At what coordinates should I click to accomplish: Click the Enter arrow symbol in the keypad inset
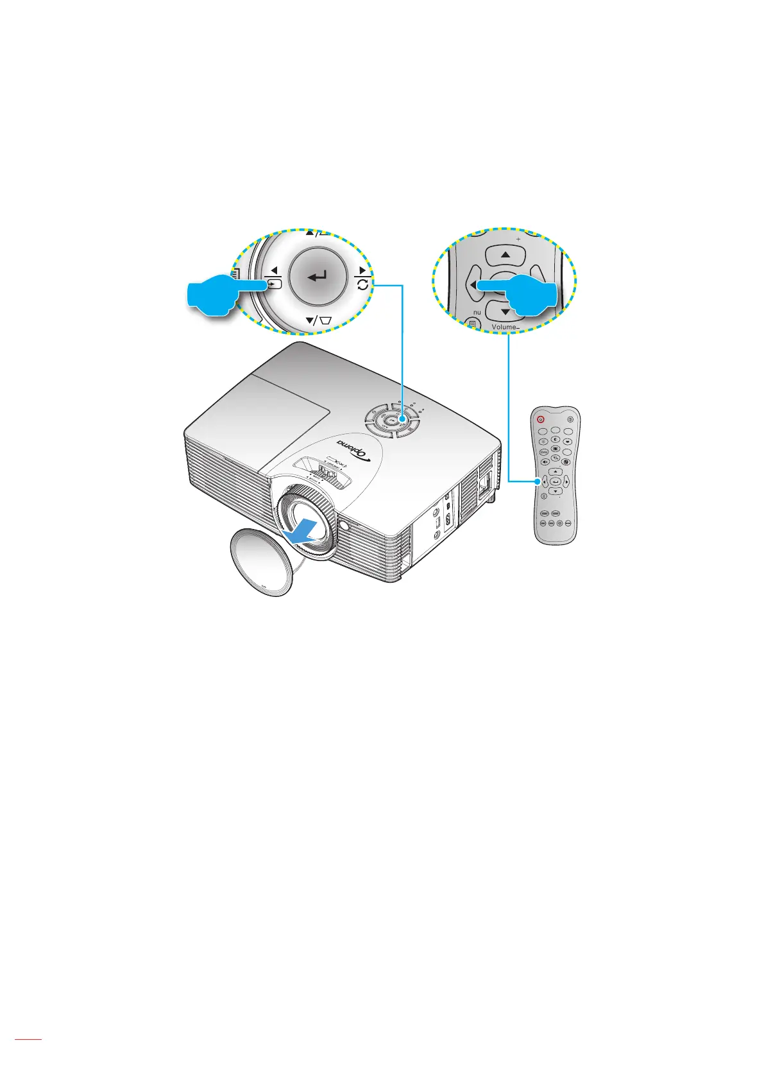point(318,277)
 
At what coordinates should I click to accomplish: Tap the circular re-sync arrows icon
point(363,284)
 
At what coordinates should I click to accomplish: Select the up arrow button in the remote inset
point(505,255)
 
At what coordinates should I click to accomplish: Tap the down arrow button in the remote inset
point(505,312)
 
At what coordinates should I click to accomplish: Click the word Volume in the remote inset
point(503,327)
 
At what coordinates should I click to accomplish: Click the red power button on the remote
point(541,418)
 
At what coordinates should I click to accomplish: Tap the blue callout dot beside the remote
point(538,480)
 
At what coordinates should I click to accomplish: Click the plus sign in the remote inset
point(518,236)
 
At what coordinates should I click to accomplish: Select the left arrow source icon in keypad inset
point(274,282)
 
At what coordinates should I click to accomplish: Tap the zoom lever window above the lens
point(324,472)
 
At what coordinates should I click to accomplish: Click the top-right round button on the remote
point(571,419)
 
